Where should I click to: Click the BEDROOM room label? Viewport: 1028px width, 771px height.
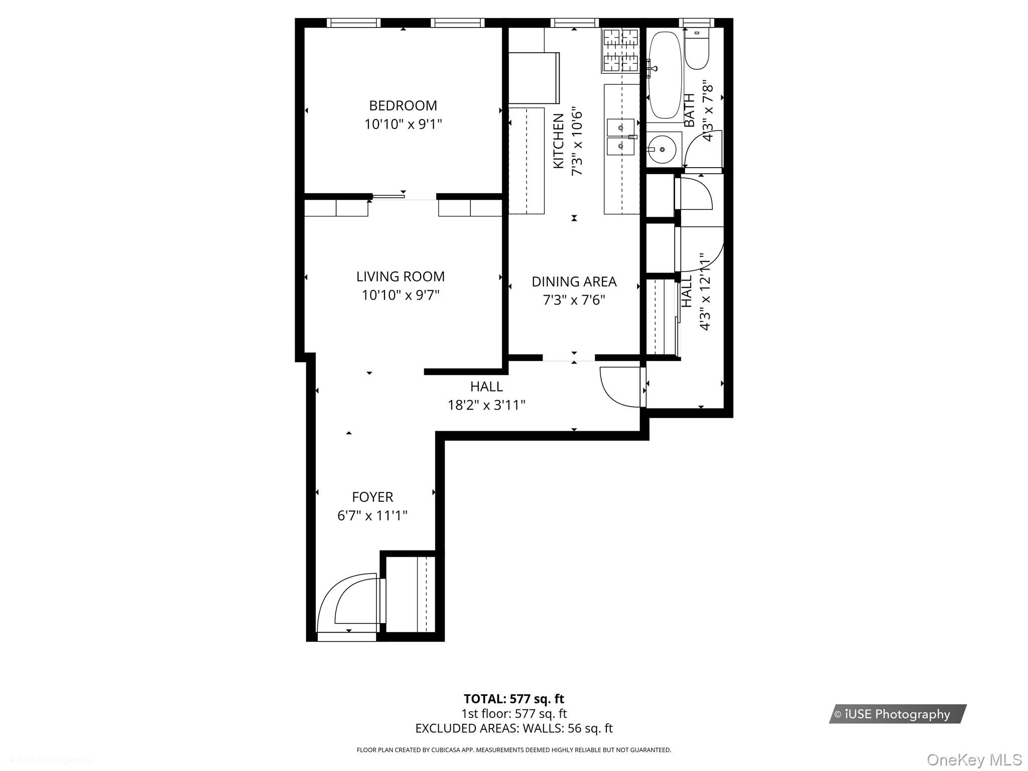point(403,105)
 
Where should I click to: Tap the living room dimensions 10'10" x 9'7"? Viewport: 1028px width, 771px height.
point(401,295)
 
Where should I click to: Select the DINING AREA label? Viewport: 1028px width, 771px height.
point(574,282)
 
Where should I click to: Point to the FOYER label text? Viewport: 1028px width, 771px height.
point(372,497)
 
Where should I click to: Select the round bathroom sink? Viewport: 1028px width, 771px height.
point(662,149)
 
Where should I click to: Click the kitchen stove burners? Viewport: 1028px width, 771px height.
point(621,50)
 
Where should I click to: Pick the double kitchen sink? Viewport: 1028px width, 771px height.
point(621,137)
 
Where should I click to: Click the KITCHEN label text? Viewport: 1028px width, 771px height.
point(559,141)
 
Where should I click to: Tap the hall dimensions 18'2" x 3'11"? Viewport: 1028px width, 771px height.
point(486,405)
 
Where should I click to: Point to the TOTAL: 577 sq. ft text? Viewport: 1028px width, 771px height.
point(513,699)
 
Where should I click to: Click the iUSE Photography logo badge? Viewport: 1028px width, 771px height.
point(897,714)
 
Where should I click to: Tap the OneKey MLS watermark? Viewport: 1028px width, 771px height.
point(974,760)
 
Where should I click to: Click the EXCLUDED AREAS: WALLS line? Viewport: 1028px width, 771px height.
point(513,728)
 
